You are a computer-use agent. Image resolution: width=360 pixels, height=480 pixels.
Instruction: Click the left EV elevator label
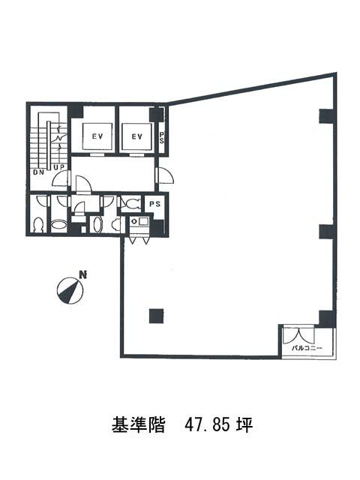click(97, 136)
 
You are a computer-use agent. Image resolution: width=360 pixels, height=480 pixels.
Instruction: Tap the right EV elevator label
click(136, 136)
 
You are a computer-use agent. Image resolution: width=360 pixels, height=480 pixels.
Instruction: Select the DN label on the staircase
click(39, 172)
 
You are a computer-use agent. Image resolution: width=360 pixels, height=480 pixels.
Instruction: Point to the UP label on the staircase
click(59, 167)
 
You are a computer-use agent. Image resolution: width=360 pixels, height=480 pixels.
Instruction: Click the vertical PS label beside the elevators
click(162, 137)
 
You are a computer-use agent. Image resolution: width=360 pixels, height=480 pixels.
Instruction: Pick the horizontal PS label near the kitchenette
click(155, 203)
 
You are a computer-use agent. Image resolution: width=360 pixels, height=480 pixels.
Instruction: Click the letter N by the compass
click(82, 274)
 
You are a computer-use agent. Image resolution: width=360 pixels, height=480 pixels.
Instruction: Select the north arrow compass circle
click(70, 290)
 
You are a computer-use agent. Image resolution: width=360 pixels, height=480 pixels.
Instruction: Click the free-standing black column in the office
click(156, 316)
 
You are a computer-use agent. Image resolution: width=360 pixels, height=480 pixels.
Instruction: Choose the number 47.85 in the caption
click(207, 425)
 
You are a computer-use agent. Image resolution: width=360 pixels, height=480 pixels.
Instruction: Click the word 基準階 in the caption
click(138, 425)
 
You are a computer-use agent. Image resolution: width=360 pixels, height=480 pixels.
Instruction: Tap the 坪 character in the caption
click(244, 425)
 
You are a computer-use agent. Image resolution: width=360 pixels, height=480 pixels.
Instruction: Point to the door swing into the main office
click(165, 175)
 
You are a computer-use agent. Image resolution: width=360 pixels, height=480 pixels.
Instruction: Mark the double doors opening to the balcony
click(298, 335)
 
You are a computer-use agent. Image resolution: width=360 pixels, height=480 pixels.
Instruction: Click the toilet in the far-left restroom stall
click(38, 225)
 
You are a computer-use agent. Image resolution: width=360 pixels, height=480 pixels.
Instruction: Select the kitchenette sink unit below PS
click(139, 221)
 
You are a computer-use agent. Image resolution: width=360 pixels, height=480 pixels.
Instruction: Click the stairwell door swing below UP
click(61, 178)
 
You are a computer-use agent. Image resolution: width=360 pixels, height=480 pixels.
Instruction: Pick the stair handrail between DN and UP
click(48, 144)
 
